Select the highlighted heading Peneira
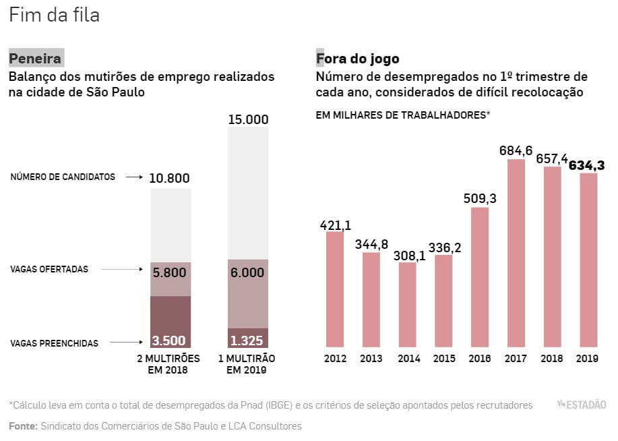coord(35,59)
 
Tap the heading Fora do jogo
coord(358,59)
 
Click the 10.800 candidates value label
coord(170,179)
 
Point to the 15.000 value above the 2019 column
coord(248,120)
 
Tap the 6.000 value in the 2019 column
coord(248,273)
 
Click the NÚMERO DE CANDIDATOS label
coord(63,177)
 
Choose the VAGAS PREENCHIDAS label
coord(54,344)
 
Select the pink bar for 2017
coord(516,253)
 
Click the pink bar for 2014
coord(408,304)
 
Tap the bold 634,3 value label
coord(587,165)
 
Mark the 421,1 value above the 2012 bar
coord(335,225)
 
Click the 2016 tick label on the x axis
coord(480,359)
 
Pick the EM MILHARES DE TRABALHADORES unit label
coord(402,115)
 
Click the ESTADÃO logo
coord(581,405)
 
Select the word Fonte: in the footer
coord(23,426)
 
